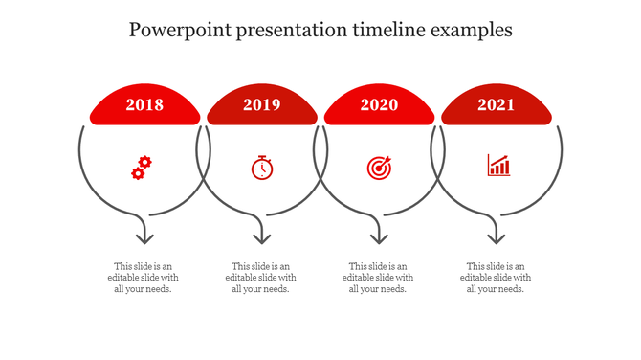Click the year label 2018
point(144,105)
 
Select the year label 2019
point(262,105)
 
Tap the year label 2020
point(379,105)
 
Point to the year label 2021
point(497,105)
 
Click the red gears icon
point(142,168)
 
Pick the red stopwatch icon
point(262,168)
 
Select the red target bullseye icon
point(379,168)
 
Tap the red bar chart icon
point(498,166)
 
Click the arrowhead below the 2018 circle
point(144,236)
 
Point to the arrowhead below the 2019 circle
point(261,236)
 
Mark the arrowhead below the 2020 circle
point(379,236)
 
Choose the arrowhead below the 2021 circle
point(496,236)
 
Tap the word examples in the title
point(471,30)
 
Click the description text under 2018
point(144,278)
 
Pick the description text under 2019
point(261,278)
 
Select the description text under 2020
point(378,278)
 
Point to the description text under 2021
point(496,278)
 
